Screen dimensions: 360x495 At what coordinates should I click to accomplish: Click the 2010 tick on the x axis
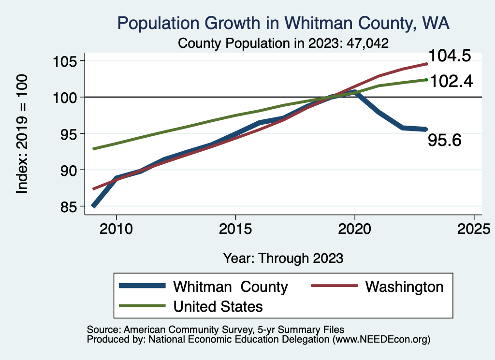(116, 228)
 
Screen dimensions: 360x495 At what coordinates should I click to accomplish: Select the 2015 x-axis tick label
(235, 228)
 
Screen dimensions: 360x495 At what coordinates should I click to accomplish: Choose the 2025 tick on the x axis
(474, 228)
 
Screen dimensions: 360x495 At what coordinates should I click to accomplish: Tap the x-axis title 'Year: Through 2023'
(283, 258)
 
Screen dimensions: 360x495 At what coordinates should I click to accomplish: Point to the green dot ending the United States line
(426, 80)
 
